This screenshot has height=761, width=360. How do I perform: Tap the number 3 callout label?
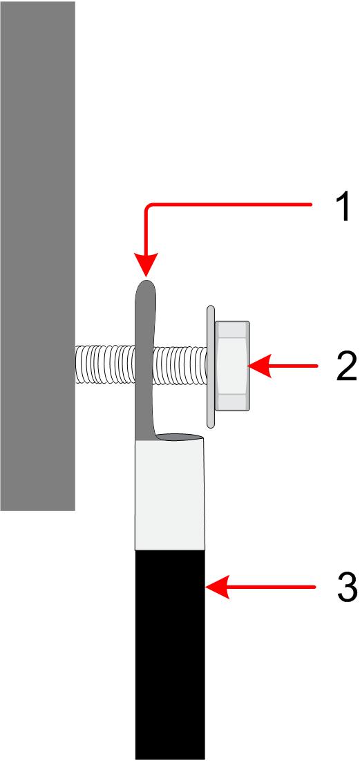pos(347,588)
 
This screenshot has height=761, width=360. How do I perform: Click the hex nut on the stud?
pos(232,366)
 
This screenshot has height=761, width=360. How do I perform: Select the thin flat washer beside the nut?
pos(210,366)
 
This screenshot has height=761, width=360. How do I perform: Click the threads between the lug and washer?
pos(179,365)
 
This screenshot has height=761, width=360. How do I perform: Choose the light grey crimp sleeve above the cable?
pos(169,494)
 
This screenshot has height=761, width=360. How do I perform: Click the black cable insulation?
pos(169,655)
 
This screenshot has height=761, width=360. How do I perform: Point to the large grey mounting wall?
pos(37,255)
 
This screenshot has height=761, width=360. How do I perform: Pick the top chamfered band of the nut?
pos(232,329)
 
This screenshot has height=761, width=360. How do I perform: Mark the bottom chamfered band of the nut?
pos(232,402)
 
